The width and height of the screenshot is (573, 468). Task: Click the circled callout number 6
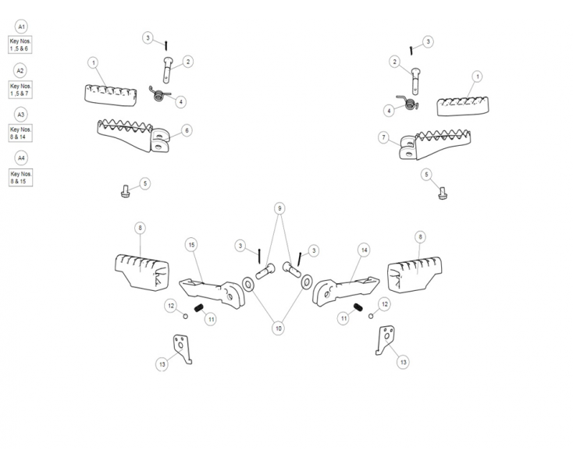(x=187, y=130)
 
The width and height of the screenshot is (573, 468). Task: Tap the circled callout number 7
(x=384, y=137)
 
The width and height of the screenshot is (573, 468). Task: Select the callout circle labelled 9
(x=279, y=208)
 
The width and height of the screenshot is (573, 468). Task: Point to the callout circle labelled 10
(x=279, y=328)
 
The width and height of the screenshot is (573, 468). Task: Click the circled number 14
(x=364, y=250)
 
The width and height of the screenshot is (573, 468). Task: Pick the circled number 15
(x=192, y=245)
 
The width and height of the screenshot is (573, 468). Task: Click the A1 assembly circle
(x=21, y=27)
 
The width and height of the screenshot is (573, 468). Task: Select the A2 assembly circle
(x=20, y=70)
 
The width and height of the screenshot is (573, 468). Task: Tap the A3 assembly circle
(x=21, y=115)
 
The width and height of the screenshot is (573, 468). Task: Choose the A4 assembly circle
(x=21, y=158)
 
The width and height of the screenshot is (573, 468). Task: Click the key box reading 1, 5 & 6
(x=20, y=45)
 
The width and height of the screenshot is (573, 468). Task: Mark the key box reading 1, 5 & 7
(x=20, y=90)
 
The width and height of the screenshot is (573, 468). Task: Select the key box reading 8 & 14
(x=20, y=133)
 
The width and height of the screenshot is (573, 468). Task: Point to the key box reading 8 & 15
(x=21, y=177)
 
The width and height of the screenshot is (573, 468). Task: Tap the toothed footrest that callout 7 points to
(x=436, y=144)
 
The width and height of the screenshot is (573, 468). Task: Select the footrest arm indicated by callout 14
(x=345, y=290)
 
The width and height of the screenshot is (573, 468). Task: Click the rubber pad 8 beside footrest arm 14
(x=415, y=275)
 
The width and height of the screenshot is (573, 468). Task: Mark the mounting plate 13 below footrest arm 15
(x=183, y=349)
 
